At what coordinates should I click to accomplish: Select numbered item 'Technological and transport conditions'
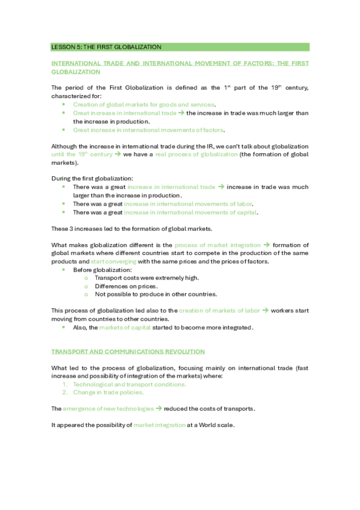[x=129, y=384]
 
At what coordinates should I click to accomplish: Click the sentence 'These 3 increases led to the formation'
[x=133, y=229]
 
